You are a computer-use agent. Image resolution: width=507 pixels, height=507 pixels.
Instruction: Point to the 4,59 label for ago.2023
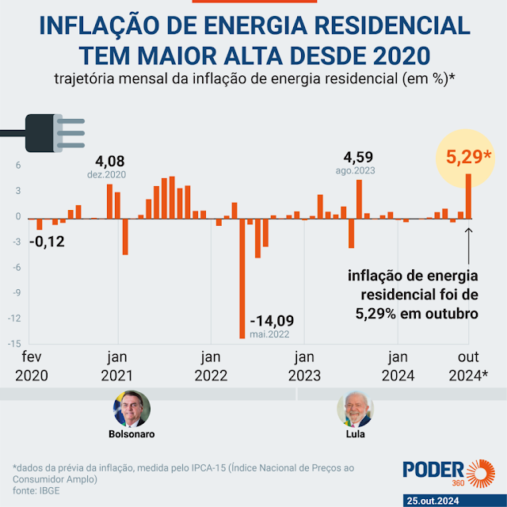359,156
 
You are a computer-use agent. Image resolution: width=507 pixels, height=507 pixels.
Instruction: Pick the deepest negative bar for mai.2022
242,277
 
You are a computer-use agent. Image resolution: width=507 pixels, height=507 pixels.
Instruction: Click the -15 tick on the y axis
14,344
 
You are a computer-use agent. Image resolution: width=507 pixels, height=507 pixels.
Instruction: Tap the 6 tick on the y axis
17,166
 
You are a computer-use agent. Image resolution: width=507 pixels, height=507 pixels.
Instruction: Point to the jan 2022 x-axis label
210,365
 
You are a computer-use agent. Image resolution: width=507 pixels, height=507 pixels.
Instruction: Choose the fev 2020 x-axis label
32,365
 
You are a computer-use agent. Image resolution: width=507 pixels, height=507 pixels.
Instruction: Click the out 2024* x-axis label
468,365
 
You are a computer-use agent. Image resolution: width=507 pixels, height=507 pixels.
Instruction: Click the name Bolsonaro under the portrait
131,434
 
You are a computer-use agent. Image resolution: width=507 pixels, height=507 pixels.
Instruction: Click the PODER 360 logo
444,471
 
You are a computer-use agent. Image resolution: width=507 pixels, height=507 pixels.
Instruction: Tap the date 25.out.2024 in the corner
454,501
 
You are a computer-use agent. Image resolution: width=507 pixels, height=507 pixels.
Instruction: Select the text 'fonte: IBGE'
35,490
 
